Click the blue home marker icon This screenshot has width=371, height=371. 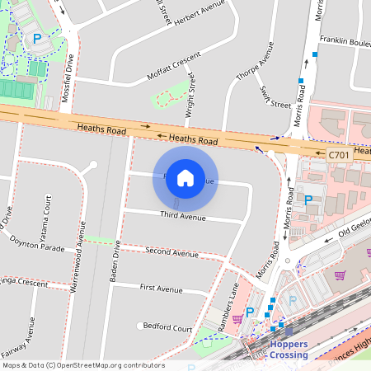point(185,178)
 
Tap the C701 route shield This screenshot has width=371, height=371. point(338,154)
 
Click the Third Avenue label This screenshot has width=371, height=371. point(182,216)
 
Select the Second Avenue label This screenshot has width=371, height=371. point(171,251)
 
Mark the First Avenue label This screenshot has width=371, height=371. point(161,289)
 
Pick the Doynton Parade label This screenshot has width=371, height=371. point(36,245)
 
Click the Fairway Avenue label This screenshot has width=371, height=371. point(29,338)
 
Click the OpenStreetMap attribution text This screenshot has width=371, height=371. point(83,365)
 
